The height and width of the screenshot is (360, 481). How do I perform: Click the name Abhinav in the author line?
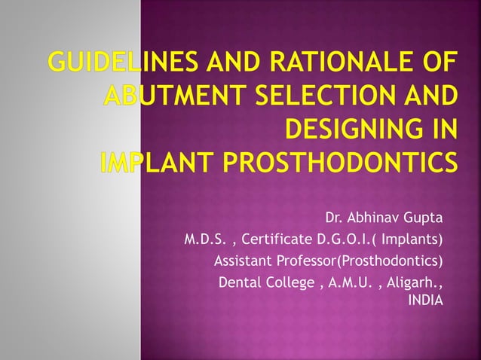coord(372,219)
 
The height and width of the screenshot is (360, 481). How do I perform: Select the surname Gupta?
coord(422,219)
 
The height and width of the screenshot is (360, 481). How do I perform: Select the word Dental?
coord(236,283)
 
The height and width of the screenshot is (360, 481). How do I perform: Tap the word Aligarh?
coord(412,283)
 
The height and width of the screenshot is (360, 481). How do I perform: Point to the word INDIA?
coord(425,301)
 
